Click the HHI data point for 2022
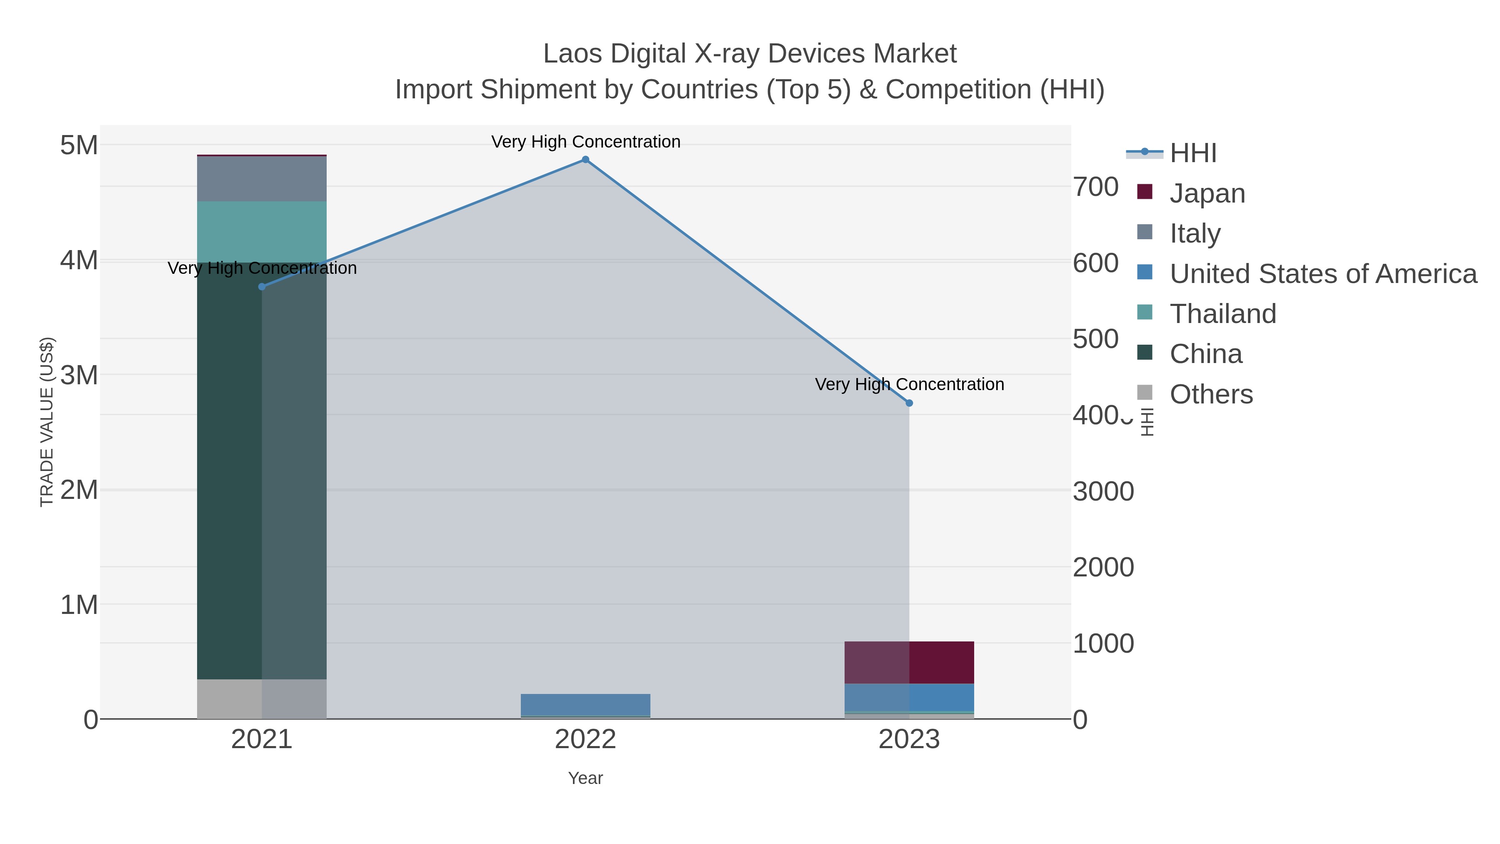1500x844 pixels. pos(585,160)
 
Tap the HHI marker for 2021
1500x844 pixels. pos(261,287)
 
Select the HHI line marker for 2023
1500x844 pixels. pos(909,403)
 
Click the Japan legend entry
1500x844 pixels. pos(1207,193)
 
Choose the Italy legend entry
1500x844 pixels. pos(1195,233)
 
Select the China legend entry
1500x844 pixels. pos(1206,353)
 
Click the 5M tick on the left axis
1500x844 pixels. pos(79,145)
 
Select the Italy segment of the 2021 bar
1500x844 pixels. pos(261,179)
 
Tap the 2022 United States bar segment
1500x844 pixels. pos(585,704)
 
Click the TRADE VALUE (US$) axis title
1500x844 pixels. pos(47,422)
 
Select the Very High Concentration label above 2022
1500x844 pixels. pos(585,142)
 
